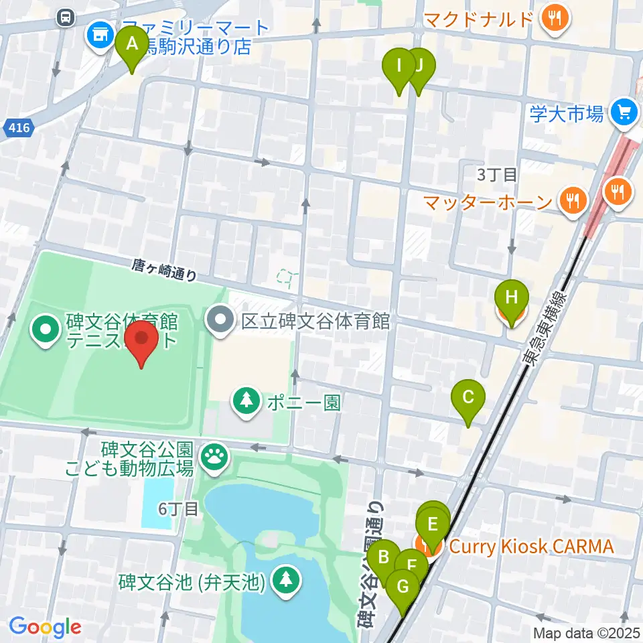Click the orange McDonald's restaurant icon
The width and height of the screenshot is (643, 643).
pyautogui.click(x=555, y=18)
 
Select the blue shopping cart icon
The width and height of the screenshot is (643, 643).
pyautogui.click(x=625, y=112)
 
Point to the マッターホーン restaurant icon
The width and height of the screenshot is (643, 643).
pyautogui.click(x=573, y=200)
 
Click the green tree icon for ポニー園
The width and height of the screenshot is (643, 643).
pyautogui.click(x=247, y=401)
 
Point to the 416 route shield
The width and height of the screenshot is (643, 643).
pyautogui.click(x=19, y=127)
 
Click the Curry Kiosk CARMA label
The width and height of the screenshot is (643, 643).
pyautogui.click(x=530, y=547)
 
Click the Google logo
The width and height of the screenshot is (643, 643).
pyautogui.click(x=45, y=628)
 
